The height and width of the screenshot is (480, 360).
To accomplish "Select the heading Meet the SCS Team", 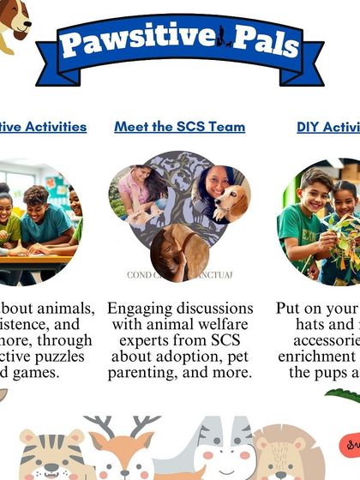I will (179, 127).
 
